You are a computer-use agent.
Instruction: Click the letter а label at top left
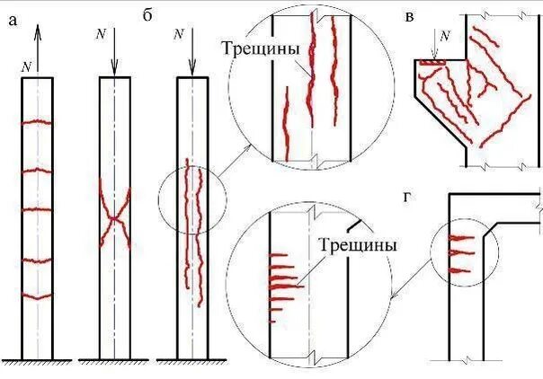pyautogui.click(x=12, y=21)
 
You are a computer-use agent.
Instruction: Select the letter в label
pyautogui.click(x=410, y=17)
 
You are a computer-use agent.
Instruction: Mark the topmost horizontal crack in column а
pyautogui.click(x=37, y=121)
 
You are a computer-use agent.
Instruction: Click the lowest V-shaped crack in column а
pyautogui.click(x=37, y=295)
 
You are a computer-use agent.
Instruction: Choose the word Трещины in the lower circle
pyautogui.click(x=357, y=243)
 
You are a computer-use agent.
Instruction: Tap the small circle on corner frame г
pyautogui.click(x=459, y=253)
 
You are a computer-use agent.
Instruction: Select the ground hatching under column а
pyautogui.click(x=37, y=363)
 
